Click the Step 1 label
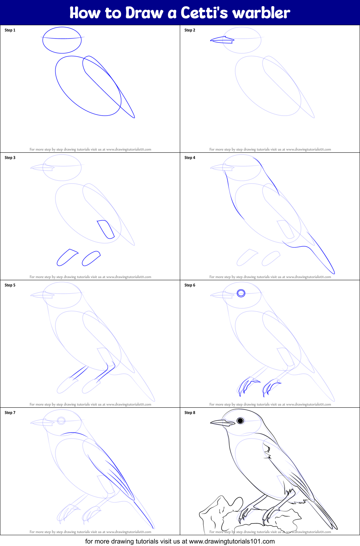pos(10,30)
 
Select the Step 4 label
pos(190,158)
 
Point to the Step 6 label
pos(190,285)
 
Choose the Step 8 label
pos(190,413)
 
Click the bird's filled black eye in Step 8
pos(240,421)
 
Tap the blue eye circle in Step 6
pos(241,293)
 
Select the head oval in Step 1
pos(62,40)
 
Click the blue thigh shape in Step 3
pos(106,229)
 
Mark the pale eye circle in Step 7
pos(61,421)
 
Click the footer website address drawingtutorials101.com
pos(232,541)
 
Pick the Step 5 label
pos(10,285)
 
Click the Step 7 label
pos(10,413)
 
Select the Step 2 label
pos(190,30)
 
